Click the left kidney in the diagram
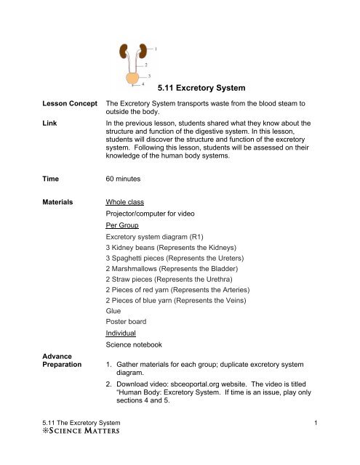pos(124,52)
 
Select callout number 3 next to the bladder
pos(149,75)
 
